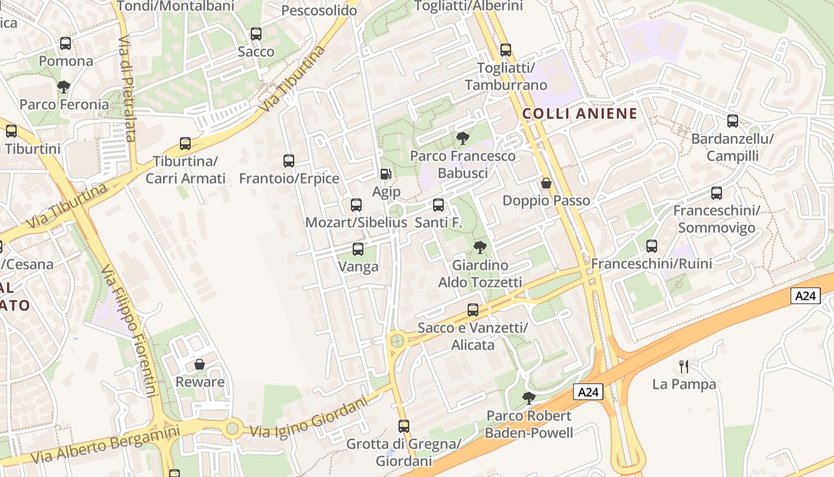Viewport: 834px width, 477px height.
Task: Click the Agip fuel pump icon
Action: point(386,174)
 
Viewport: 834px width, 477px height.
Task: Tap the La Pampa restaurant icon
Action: point(684,366)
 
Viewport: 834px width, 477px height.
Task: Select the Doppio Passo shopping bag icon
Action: point(546,183)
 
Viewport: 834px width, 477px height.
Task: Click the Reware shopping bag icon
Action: point(200,364)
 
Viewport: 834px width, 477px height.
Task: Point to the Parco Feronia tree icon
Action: point(64,87)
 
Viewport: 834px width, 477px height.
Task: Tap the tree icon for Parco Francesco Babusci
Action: point(462,139)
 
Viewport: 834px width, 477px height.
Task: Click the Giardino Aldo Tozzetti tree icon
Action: point(480,247)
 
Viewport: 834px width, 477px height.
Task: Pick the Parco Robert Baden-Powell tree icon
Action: point(528,398)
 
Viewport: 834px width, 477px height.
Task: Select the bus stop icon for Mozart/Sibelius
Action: point(356,205)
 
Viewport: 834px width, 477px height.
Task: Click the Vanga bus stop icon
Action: point(358,249)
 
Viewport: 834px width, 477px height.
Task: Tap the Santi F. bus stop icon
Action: point(438,205)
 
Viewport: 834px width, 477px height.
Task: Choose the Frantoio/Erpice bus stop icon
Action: point(289,160)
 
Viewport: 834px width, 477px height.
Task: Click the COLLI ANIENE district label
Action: point(580,113)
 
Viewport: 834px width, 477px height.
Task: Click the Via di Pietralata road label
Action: point(126,89)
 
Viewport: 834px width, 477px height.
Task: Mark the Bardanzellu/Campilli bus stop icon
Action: point(733,121)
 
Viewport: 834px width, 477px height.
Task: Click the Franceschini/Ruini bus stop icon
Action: point(652,246)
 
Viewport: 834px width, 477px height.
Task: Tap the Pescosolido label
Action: point(319,10)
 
